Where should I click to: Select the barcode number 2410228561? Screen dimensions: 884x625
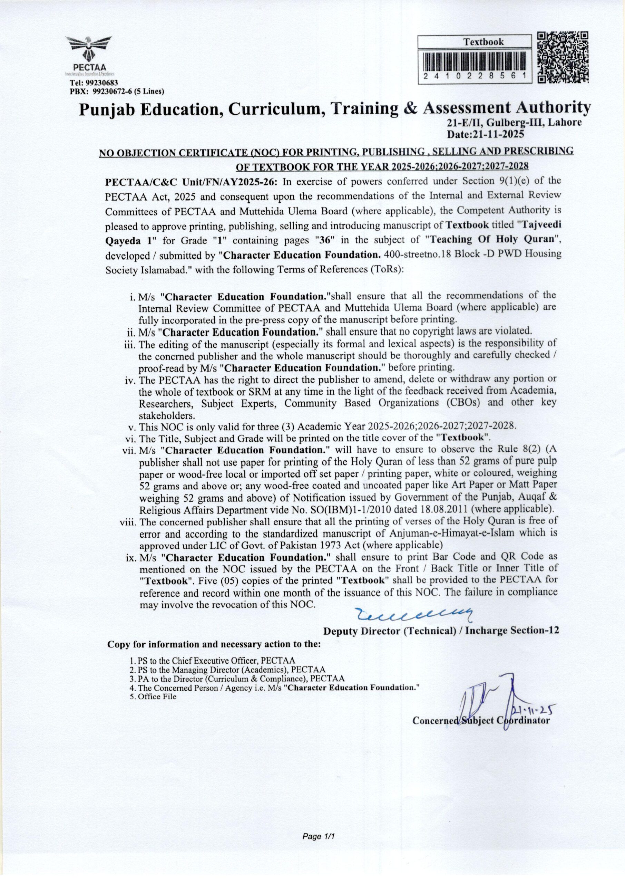coord(475,77)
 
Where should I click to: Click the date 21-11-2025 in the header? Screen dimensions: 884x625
coord(485,134)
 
